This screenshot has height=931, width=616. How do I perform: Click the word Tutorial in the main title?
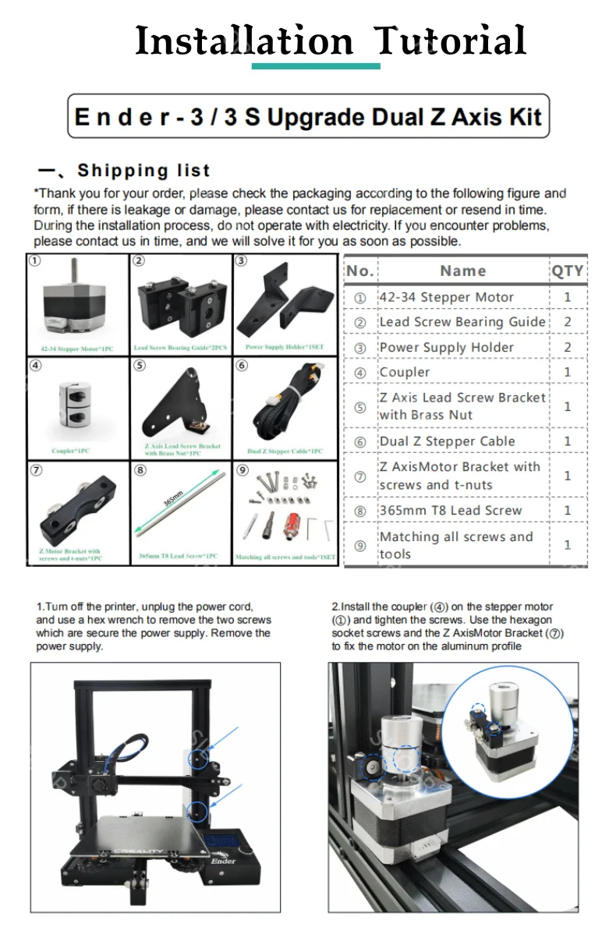449,41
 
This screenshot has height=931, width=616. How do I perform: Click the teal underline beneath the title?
316,66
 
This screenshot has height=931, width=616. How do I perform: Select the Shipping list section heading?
143,171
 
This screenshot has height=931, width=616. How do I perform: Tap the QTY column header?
568,271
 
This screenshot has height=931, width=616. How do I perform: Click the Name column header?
462,271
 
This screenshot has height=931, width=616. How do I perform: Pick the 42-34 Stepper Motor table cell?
446,297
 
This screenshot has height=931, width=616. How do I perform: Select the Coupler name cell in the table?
405,372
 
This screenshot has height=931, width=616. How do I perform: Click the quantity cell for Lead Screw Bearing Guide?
568,322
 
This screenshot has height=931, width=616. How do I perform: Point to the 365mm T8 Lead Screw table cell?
450,511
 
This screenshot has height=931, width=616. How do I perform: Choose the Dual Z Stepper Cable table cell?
447,441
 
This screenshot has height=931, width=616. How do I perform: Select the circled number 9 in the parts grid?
243,470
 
